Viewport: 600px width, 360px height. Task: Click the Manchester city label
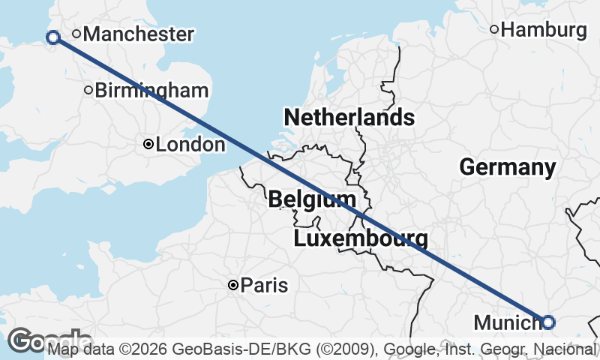pos(139,34)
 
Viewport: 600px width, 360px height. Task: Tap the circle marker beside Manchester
pos(76,34)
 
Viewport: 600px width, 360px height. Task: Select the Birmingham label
pos(151,91)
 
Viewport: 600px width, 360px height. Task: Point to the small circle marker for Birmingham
pos(88,91)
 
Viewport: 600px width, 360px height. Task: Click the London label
pos(190,145)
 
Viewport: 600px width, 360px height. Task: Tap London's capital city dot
pos(148,144)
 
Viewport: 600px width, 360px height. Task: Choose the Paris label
pos(264,286)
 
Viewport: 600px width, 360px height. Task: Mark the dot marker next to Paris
pos(233,285)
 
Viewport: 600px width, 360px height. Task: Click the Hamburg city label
pos(543,30)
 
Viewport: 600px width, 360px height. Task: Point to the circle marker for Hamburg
pos(494,30)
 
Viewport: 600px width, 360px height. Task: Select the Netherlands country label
pos(349,117)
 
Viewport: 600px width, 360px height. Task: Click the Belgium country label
pos(311,199)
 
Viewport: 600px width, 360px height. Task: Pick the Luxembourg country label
pos(361,239)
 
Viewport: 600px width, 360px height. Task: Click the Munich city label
pos(506,323)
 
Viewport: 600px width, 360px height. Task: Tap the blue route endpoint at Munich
pos(548,322)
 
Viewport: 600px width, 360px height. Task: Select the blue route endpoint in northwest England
pos(53,37)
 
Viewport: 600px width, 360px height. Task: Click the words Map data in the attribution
pos(79,349)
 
